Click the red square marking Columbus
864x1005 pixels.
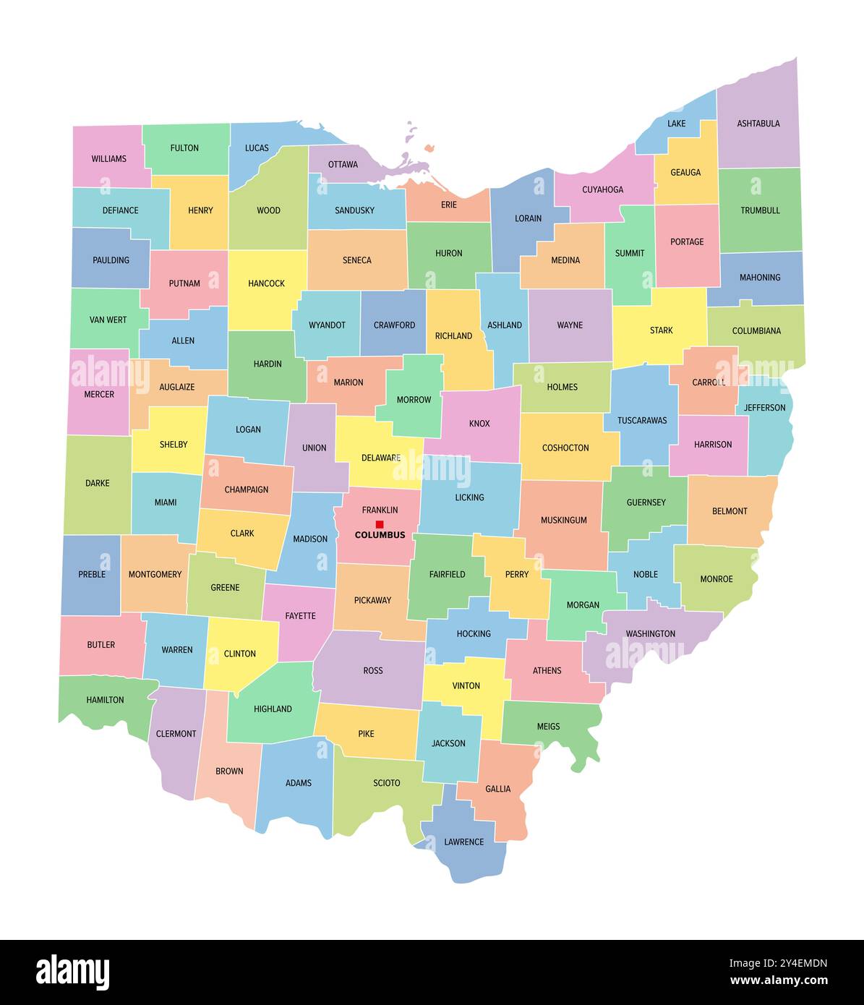[x=380, y=524]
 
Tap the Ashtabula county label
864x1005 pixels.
[x=758, y=124]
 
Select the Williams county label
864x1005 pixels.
[x=108, y=159]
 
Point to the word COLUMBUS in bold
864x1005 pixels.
[x=380, y=536]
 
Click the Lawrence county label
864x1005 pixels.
[x=464, y=842]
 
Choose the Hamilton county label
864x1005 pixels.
[x=105, y=700]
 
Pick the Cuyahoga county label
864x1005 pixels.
[x=602, y=190]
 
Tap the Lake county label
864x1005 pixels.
[x=677, y=124]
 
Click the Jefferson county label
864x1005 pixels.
[x=764, y=408]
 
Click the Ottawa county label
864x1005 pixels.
[x=343, y=165]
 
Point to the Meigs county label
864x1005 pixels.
[x=548, y=727]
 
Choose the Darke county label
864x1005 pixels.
[x=98, y=483]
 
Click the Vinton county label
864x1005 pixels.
[x=466, y=686]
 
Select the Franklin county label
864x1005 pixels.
[x=380, y=510]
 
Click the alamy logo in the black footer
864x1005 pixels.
[x=72, y=972]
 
